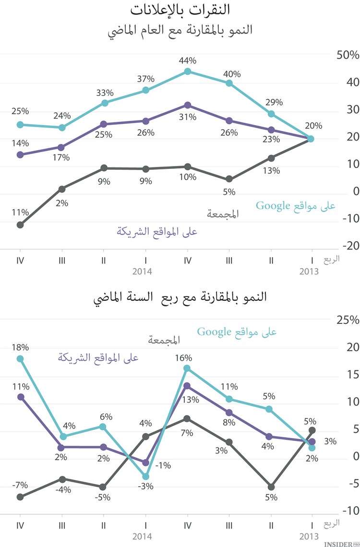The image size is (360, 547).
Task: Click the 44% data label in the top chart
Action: (x=188, y=61)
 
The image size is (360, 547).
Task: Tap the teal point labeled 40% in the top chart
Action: (x=229, y=83)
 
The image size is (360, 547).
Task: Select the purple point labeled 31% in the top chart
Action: (x=188, y=105)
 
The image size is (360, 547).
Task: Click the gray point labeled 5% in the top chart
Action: (x=229, y=179)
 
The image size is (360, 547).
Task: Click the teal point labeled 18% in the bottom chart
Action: (x=20, y=358)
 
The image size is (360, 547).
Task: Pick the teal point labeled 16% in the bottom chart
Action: (x=188, y=369)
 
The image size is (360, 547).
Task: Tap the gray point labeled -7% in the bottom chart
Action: (x=20, y=497)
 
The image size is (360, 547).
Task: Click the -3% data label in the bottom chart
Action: (x=145, y=486)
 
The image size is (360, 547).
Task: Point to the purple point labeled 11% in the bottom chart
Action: (x=20, y=397)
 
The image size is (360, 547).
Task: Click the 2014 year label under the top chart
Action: (x=142, y=272)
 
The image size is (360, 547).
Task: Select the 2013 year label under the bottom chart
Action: (x=309, y=535)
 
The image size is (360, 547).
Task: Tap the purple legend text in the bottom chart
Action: (x=98, y=357)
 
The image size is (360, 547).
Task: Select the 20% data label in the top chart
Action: (x=313, y=126)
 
